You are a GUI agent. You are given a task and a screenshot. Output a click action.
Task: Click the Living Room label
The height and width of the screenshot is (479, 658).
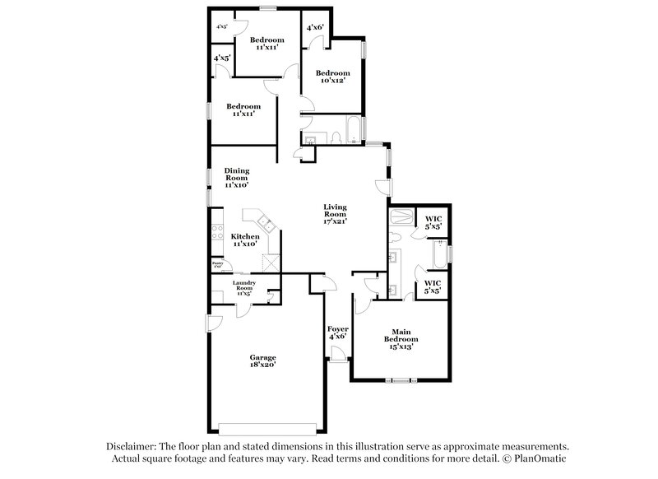(335, 213)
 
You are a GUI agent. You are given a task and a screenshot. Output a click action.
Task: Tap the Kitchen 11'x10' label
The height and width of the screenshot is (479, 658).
(245, 239)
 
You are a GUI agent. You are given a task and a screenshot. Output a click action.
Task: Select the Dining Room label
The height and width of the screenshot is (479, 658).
(237, 178)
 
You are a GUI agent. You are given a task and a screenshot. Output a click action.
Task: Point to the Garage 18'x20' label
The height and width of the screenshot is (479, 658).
(263, 361)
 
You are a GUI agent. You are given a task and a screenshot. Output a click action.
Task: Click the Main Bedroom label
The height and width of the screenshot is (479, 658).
(401, 337)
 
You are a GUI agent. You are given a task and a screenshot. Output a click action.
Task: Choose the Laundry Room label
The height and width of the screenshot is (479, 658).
(244, 286)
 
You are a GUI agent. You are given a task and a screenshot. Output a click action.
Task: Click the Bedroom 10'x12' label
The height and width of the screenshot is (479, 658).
(333, 77)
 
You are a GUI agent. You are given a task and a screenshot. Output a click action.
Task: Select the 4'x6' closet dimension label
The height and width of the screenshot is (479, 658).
(316, 28)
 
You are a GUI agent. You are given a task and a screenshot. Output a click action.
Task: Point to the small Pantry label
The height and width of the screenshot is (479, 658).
(218, 265)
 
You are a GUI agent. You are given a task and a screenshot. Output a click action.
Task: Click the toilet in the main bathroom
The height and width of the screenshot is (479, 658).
(396, 238)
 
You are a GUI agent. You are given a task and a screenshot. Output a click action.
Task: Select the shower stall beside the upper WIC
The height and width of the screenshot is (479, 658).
(402, 219)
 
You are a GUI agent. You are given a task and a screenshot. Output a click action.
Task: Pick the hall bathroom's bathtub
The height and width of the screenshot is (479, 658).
(352, 131)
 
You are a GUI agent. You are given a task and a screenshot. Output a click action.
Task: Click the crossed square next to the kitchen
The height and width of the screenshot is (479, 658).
(270, 263)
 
